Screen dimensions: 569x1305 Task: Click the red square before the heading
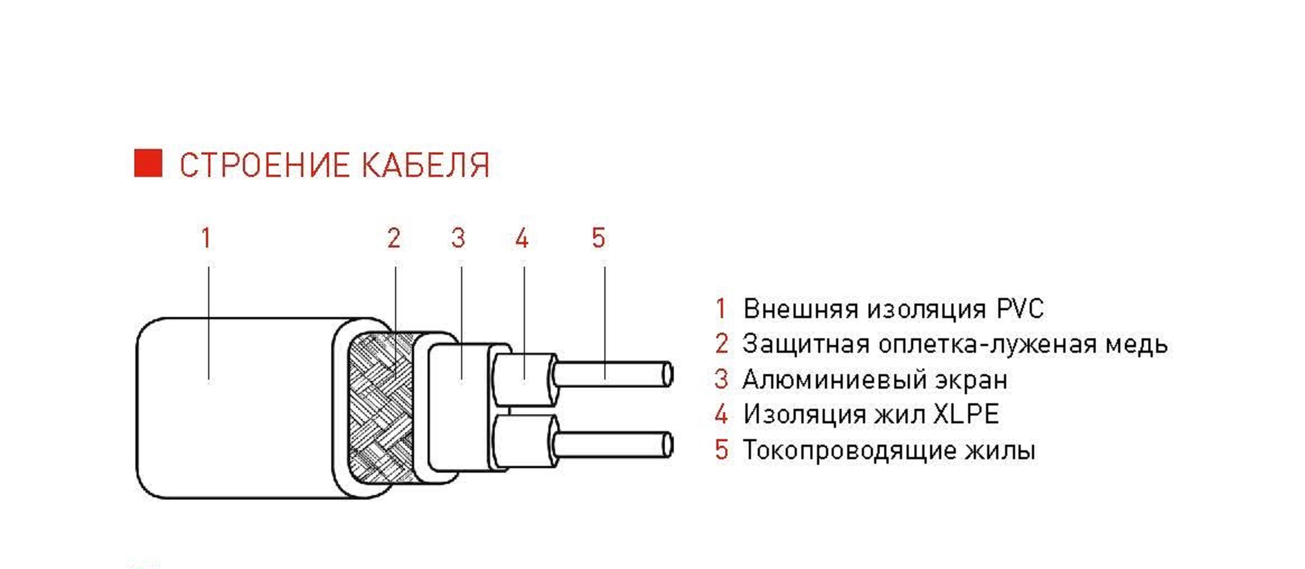point(148,163)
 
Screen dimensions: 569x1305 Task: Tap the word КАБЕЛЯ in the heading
point(425,165)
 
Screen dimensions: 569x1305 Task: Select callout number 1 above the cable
point(206,238)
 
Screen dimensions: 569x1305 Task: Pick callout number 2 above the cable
point(394,238)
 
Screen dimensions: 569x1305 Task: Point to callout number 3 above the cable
point(458,238)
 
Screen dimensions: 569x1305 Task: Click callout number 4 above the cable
point(522,238)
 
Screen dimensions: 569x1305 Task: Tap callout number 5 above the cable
point(598,238)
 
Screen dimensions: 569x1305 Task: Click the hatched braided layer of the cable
point(381,409)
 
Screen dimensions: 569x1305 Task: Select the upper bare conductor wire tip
point(667,374)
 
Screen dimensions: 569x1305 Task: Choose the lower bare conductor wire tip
point(667,446)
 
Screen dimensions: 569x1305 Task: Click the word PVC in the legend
point(1020,309)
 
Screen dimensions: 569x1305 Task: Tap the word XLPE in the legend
point(966,414)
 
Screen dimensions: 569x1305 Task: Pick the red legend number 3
point(721,380)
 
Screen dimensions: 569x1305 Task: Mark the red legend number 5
point(721,450)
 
